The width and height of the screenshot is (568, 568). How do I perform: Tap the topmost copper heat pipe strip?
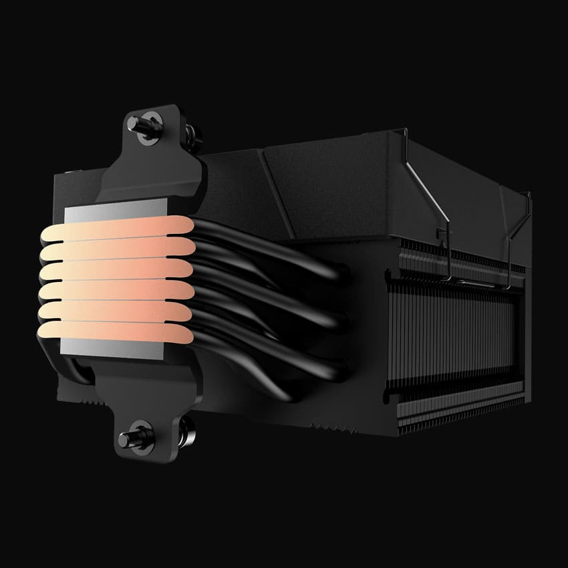pos(114,231)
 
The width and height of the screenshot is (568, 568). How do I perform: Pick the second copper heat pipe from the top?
pos(114,250)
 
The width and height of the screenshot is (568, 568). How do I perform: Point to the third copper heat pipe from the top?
pos(114,270)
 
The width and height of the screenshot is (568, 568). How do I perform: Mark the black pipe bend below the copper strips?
pos(80,368)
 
